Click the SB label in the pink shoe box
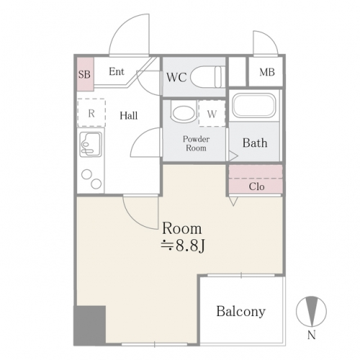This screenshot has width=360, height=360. pos(84,74)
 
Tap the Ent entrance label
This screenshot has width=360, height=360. pos(117,71)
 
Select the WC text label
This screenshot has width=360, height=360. pos(176,77)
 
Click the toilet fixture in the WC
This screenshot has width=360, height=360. pos(207,77)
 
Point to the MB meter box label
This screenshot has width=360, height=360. pos(267,72)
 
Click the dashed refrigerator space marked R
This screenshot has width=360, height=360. pos(91,112)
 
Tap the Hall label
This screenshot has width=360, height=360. pos(129,116)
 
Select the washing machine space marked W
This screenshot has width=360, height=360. pos(212,113)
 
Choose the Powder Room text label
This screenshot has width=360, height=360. pos(196,143)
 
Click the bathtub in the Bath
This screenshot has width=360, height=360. pos(254,105)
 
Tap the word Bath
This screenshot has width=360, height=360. pos(255,143)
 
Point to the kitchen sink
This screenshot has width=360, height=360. pos(91,144)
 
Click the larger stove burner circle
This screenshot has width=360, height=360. pos(96,184)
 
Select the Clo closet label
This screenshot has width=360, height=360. pos(256,186)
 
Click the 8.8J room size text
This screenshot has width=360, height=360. pos(183,246)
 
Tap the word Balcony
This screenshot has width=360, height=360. pos(241,312)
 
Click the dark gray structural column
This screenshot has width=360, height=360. pos(89,325)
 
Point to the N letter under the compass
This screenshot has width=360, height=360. pos(311,335)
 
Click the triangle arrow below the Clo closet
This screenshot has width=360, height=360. pos(233,201)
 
